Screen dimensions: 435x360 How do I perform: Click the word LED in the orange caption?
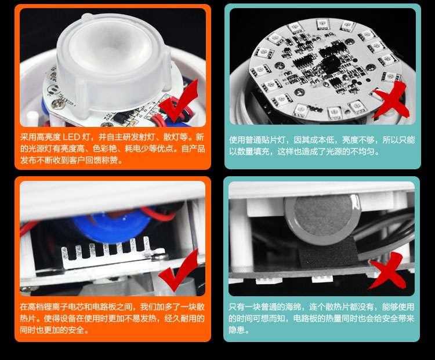pos(71,137)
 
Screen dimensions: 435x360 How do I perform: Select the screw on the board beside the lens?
pos(59,103)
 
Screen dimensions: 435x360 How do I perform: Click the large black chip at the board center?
pos(331,64)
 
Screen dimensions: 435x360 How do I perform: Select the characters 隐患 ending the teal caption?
pos(237,330)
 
